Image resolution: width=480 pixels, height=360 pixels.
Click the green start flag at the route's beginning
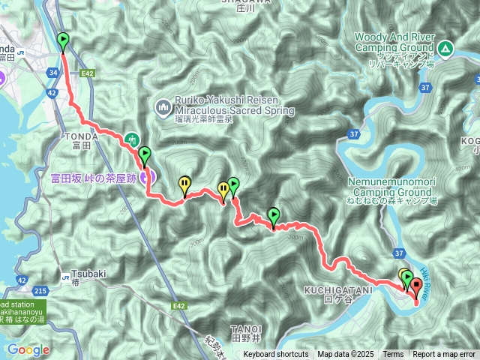click(x=63, y=40)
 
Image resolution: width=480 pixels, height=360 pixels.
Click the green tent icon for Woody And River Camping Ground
click(x=445, y=49)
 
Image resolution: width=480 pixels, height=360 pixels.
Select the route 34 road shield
click(x=52, y=72)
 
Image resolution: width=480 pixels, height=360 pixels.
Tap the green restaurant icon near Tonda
click(x=132, y=138)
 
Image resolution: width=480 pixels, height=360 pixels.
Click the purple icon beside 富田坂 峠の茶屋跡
click(x=149, y=177)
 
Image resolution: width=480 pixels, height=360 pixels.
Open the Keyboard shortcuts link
click(x=275, y=354)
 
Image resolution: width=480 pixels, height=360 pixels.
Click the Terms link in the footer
click(x=393, y=354)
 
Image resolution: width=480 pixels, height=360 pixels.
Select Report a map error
click(x=444, y=354)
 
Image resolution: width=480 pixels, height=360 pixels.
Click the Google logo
click(x=28, y=349)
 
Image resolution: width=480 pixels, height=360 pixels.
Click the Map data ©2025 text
click(x=344, y=354)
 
